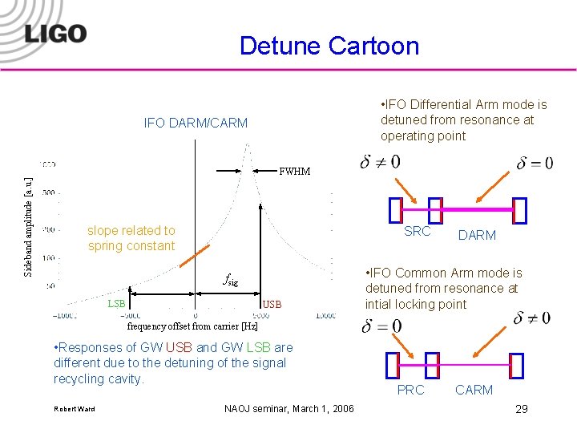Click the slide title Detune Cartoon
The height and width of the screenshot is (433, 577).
[x=329, y=45]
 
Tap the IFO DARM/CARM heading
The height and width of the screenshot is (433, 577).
[x=196, y=123]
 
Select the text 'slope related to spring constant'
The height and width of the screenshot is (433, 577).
[x=131, y=238]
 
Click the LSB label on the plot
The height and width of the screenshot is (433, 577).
[x=116, y=304]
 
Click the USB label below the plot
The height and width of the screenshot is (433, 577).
[x=272, y=304]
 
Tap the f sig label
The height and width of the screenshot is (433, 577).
[x=230, y=281]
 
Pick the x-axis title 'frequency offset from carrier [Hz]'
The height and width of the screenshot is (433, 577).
[x=193, y=326]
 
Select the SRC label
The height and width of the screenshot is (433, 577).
[x=418, y=232]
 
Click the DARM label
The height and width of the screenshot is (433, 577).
[x=477, y=235]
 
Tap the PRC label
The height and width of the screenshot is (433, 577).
[x=411, y=390]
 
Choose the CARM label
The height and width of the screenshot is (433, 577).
[x=474, y=390]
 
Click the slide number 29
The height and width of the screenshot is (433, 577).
[x=522, y=409]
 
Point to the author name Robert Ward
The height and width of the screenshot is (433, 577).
[x=74, y=409]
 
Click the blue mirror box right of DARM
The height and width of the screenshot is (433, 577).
[x=520, y=210]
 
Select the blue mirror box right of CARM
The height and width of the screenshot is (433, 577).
[x=517, y=366]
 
